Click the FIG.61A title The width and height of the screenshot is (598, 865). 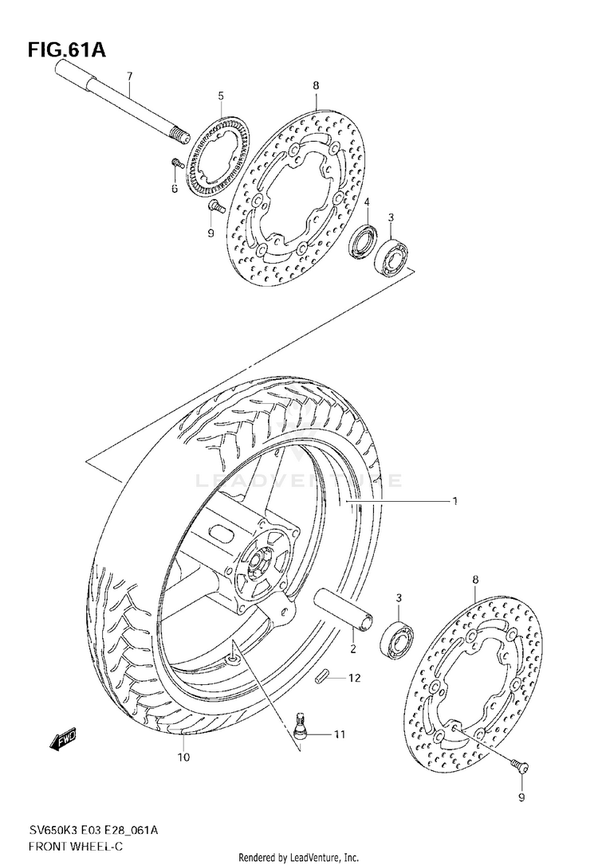[x=67, y=50]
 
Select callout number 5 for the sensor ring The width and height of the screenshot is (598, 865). [x=221, y=96]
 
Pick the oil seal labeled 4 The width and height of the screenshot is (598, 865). [x=363, y=240]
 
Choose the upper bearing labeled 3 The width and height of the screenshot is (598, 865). [x=391, y=256]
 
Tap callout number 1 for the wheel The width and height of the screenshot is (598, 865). [x=455, y=502]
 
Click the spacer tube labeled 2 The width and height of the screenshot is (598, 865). [x=344, y=609]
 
